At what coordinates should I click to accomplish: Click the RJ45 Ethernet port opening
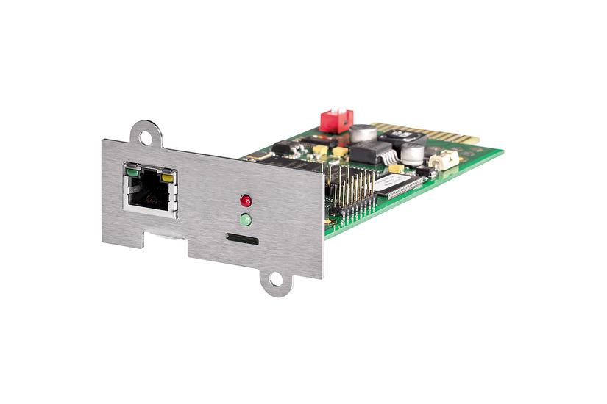coord(150,189)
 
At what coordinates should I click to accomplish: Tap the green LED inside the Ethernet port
coord(132,173)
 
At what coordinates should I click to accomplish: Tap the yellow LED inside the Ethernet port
coord(168,178)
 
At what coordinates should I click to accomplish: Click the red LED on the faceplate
coord(245,201)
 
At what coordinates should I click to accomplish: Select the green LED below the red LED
coord(245,219)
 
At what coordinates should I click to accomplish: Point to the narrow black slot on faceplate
coord(242,239)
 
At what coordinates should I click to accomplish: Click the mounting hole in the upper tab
coord(147,137)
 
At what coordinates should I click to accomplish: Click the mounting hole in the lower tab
coord(275,280)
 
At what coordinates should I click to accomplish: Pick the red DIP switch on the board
coord(336,120)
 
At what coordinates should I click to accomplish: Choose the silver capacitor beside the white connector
coord(413,154)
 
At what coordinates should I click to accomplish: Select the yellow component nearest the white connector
coord(397,169)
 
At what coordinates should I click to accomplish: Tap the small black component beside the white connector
coord(425,171)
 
